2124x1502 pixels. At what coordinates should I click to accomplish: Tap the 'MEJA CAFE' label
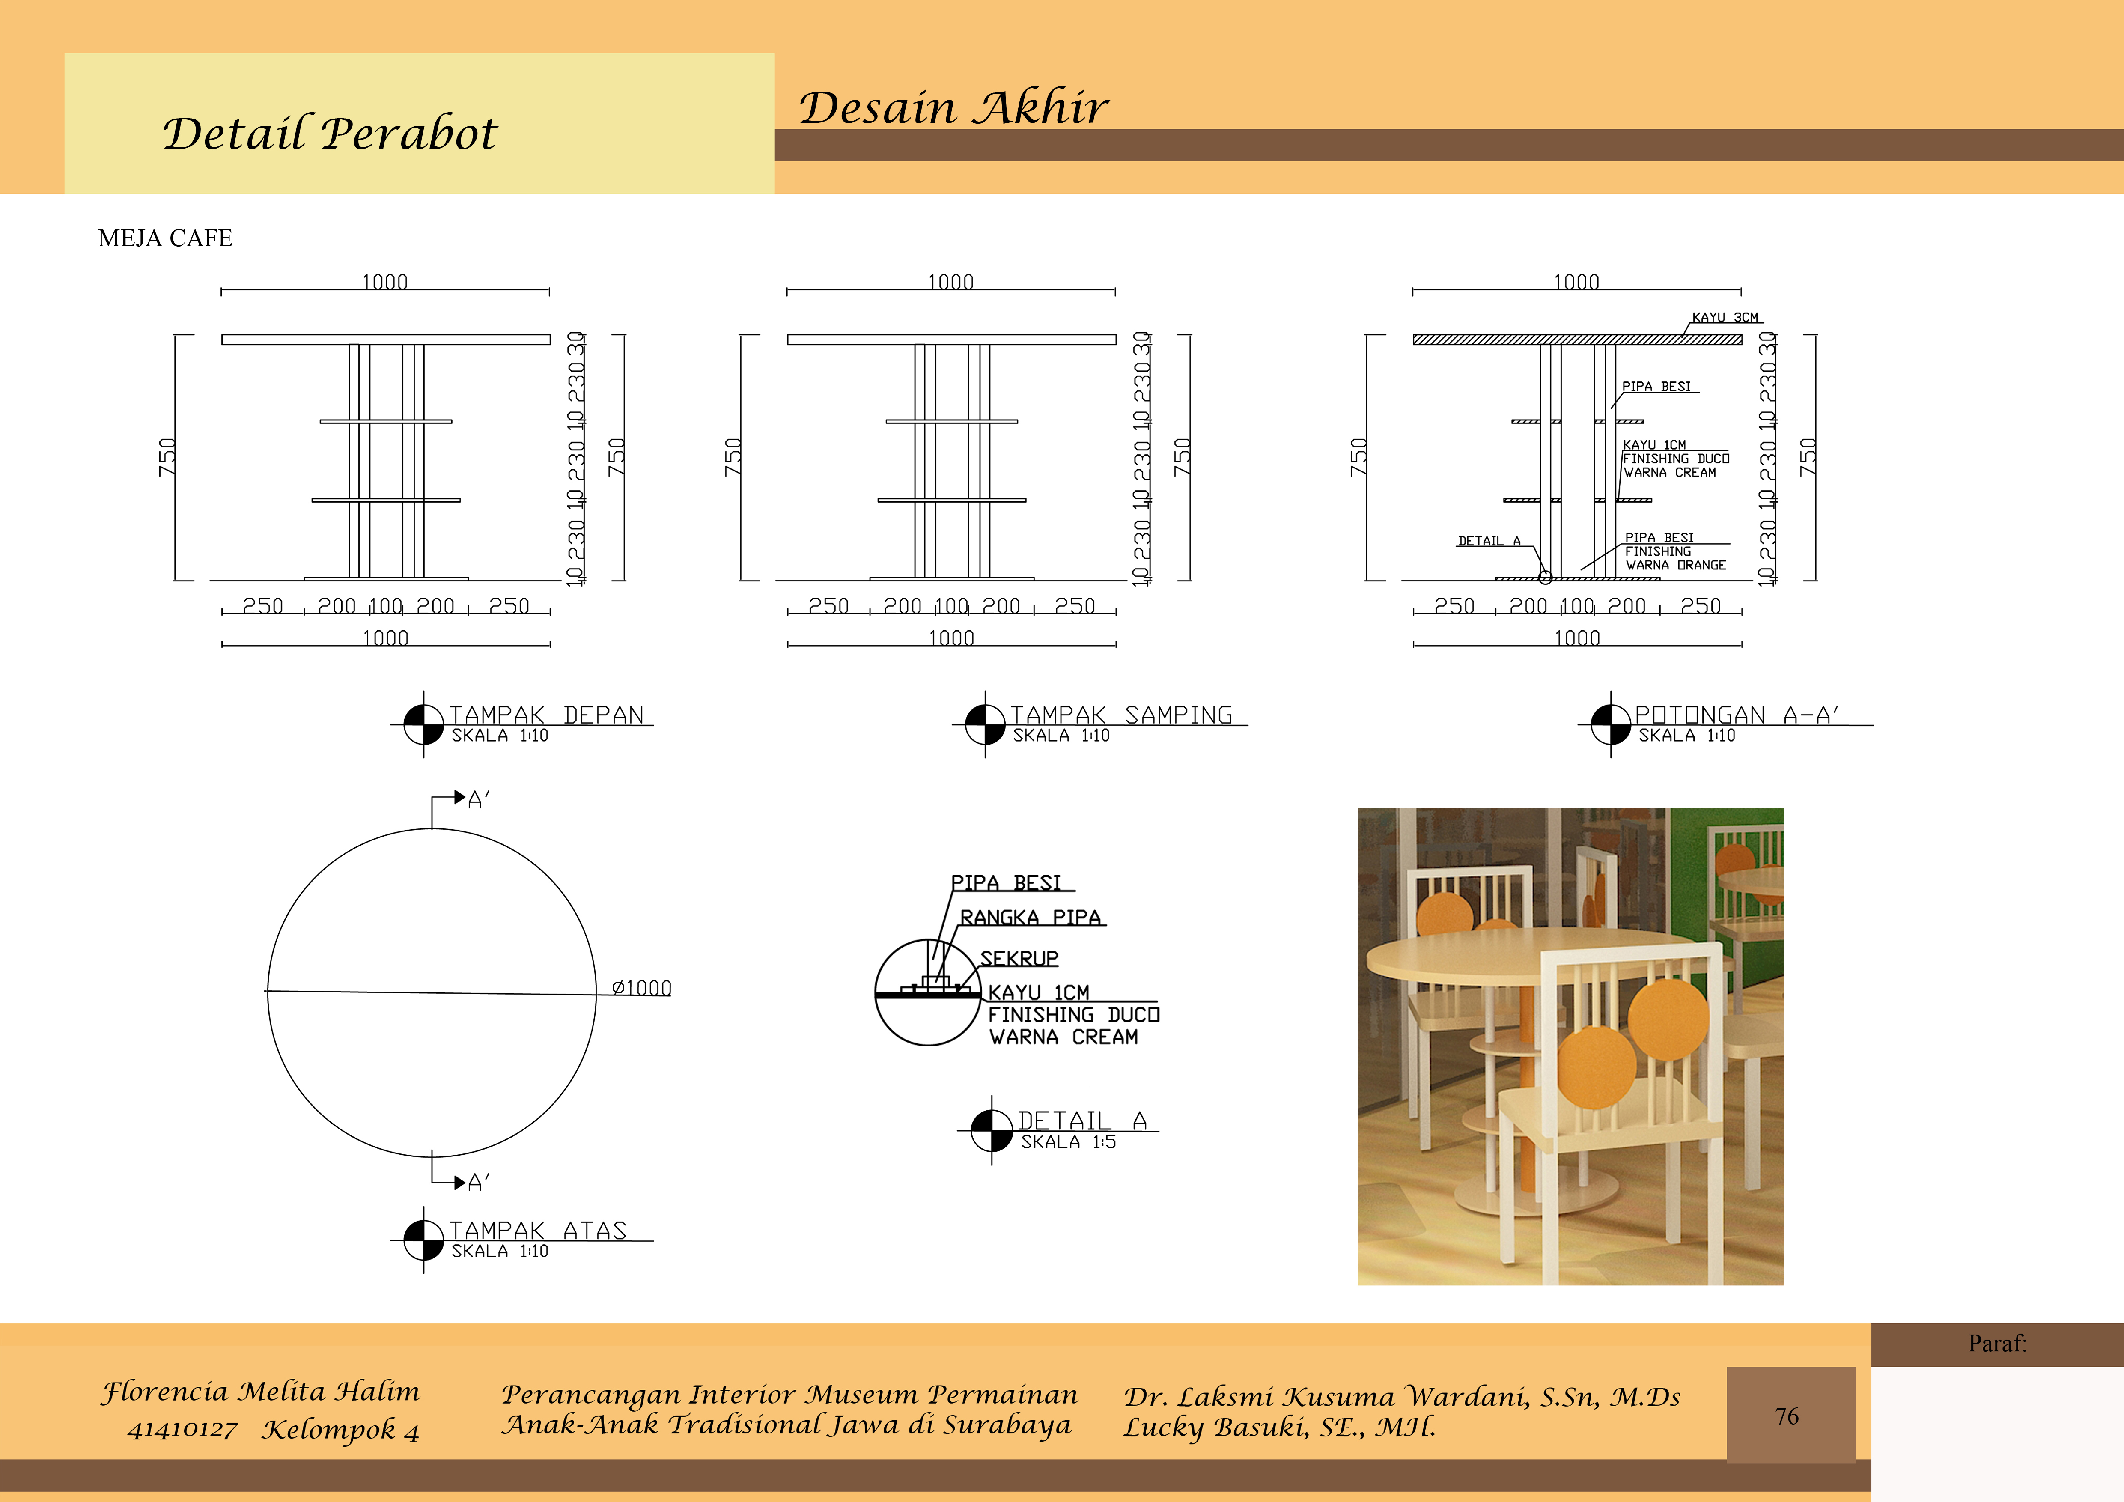(x=166, y=238)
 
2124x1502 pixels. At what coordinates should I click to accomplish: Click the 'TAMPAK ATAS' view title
(x=537, y=1230)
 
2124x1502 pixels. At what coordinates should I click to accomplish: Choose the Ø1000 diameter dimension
(x=641, y=988)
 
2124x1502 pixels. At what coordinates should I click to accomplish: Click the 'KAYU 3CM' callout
(x=1725, y=317)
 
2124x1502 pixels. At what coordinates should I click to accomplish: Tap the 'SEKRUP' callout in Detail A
(x=1019, y=958)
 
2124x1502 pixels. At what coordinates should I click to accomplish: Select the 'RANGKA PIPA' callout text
(x=1031, y=918)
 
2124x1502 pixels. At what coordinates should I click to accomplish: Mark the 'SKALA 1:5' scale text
(x=1069, y=1142)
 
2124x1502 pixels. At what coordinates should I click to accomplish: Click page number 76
(x=1787, y=1416)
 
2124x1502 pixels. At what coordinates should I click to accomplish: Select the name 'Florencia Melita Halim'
(x=261, y=1392)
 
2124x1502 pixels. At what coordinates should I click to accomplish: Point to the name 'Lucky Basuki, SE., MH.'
(x=1279, y=1427)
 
